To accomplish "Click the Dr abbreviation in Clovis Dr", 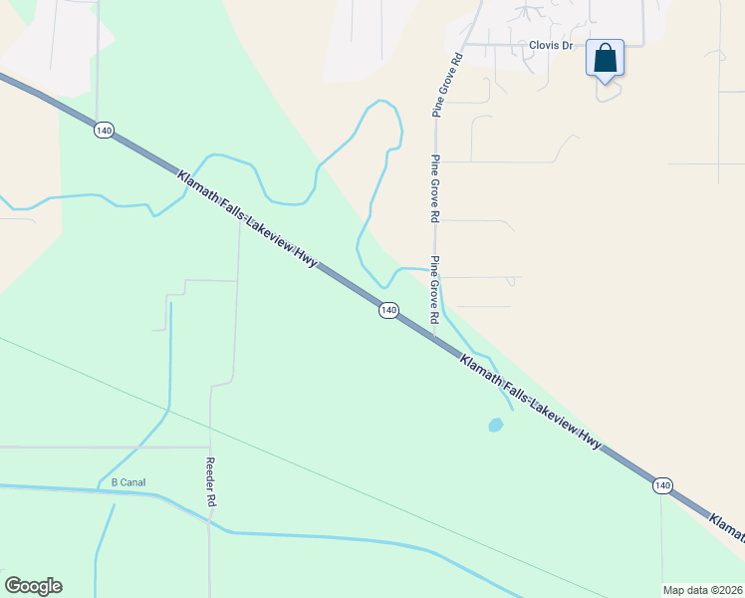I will click(x=569, y=46).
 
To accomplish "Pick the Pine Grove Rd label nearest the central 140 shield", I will click(x=435, y=290).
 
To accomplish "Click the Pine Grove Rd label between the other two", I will click(x=435, y=188).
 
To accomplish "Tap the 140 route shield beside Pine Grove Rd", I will click(x=388, y=311).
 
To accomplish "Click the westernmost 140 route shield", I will click(x=104, y=131).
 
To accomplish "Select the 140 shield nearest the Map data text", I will click(x=662, y=485).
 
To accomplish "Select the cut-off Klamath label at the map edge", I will click(x=726, y=526).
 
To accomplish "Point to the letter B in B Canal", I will click(x=114, y=483).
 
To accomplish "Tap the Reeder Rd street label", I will click(x=210, y=483).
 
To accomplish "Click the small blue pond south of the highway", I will click(x=495, y=426).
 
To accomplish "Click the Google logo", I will click(x=33, y=586).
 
